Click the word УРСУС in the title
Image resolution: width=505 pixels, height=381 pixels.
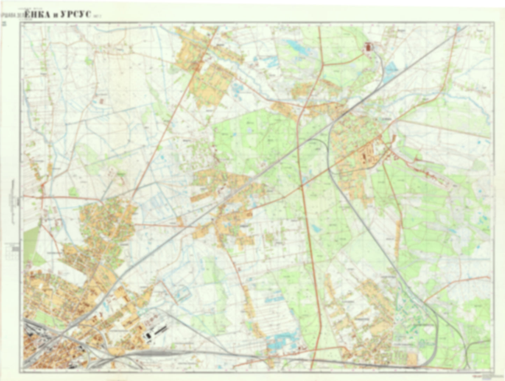(x=75, y=15)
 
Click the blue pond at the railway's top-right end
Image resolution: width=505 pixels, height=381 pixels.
(x=458, y=29)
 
